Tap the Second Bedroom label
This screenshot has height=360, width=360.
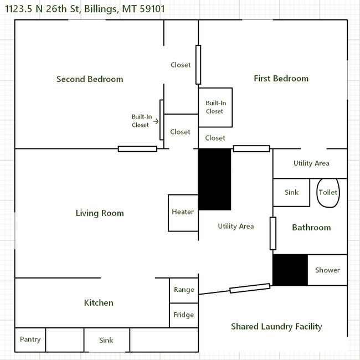(90, 79)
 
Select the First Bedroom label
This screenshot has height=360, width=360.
(281, 79)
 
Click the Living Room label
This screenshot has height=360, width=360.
(100, 213)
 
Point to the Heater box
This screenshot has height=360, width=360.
(183, 212)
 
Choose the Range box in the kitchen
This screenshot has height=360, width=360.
(184, 290)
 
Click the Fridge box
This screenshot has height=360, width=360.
(184, 315)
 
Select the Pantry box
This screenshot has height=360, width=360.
(30, 340)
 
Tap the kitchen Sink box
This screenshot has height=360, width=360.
(106, 340)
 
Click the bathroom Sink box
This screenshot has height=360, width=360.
(291, 192)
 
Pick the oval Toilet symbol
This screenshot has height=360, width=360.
(327, 193)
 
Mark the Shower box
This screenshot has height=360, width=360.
(327, 270)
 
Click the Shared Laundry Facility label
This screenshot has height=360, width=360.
(276, 327)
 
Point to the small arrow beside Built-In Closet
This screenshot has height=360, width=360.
(156, 121)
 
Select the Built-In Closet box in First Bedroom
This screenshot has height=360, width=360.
(215, 107)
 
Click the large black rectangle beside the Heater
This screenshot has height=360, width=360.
(214, 179)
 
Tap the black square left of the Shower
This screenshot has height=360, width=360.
(290, 270)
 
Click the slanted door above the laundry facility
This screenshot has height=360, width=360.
(250, 288)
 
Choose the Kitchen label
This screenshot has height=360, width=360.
(99, 303)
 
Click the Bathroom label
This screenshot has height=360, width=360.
(311, 228)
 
